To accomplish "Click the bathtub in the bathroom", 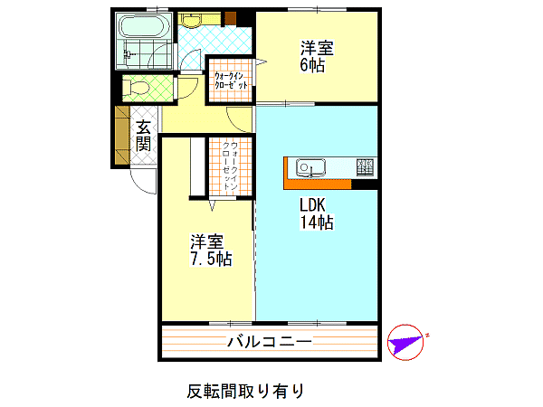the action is (x=143, y=26).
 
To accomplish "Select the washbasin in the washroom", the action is (x=192, y=20).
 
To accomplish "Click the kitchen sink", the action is (x=310, y=168).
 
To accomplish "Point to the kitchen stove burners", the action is (x=366, y=167).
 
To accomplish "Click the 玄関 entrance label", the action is (x=143, y=136).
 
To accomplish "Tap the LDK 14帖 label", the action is (x=317, y=213).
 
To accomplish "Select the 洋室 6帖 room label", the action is (x=317, y=56).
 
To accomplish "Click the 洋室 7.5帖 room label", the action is (x=211, y=251).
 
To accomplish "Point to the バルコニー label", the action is (x=270, y=342).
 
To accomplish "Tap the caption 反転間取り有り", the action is (x=245, y=391).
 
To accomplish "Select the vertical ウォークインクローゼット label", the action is (x=231, y=166).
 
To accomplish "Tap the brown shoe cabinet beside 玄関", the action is (x=121, y=135).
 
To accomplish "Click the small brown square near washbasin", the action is (x=230, y=19).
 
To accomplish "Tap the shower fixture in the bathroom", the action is (x=128, y=53).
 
